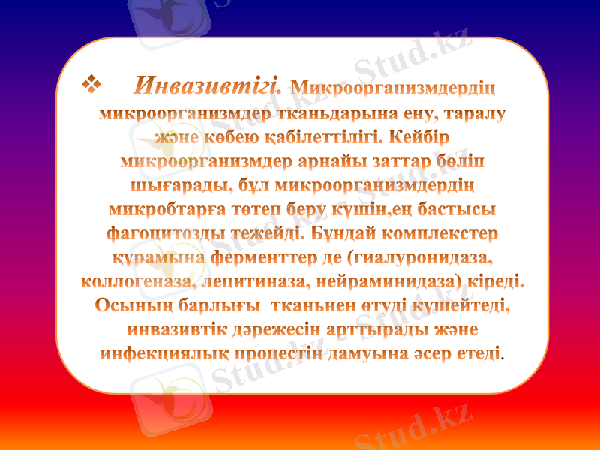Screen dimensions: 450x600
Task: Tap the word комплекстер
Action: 440,233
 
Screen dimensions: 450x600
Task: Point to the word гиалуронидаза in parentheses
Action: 421,257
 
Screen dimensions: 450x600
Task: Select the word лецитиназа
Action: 256,281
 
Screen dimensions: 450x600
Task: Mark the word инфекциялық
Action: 155,352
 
